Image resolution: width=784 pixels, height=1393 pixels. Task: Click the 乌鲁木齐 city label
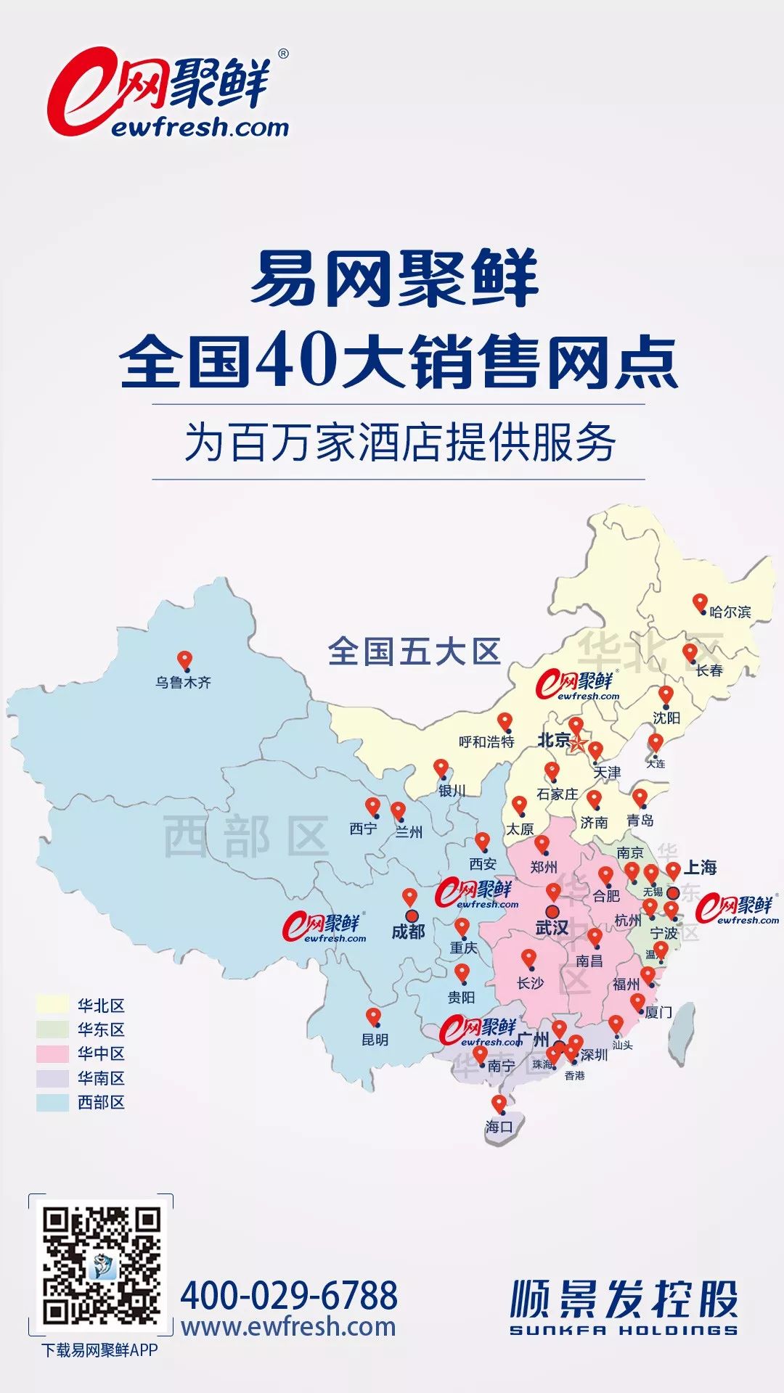(x=183, y=682)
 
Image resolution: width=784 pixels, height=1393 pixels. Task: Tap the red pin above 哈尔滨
(x=700, y=602)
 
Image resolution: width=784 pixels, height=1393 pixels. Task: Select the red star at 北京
(x=578, y=744)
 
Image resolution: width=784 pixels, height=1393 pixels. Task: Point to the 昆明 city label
(x=375, y=1040)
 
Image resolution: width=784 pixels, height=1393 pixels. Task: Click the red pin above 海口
(x=499, y=1104)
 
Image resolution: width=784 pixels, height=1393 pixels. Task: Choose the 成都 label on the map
(x=408, y=932)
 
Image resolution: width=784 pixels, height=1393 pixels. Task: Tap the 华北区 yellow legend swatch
(x=52, y=1005)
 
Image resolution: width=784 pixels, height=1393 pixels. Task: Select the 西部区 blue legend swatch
(x=52, y=1102)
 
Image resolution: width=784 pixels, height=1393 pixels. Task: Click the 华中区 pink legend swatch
(x=52, y=1053)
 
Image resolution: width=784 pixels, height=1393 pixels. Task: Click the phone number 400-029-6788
(x=289, y=1295)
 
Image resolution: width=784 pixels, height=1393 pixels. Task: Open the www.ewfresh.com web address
(x=289, y=1327)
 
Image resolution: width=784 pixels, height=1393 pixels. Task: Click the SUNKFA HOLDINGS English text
(x=623, y=1330)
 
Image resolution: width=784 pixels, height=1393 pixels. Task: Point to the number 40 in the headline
(x=293, y=361)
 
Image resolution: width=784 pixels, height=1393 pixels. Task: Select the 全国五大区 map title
(x=414, y=652)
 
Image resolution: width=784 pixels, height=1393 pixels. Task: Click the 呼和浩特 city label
(x=486, y=741)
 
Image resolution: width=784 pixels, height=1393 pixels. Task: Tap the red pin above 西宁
(x=372, y=806)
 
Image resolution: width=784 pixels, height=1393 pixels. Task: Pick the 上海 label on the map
(x=701, y=867)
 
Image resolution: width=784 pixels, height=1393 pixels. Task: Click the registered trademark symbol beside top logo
(x=283, y=54)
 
